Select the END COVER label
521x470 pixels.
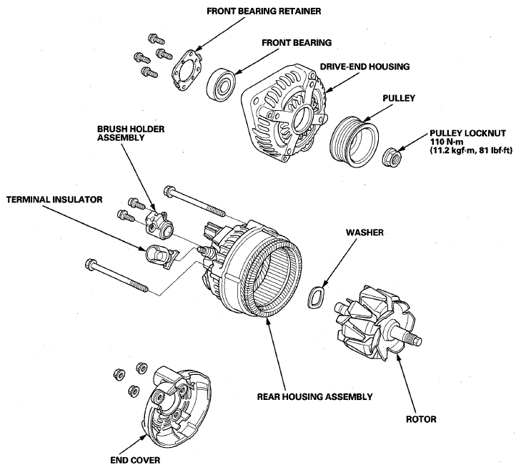tap(134, 460)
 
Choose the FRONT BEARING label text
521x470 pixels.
tap(295, 43)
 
